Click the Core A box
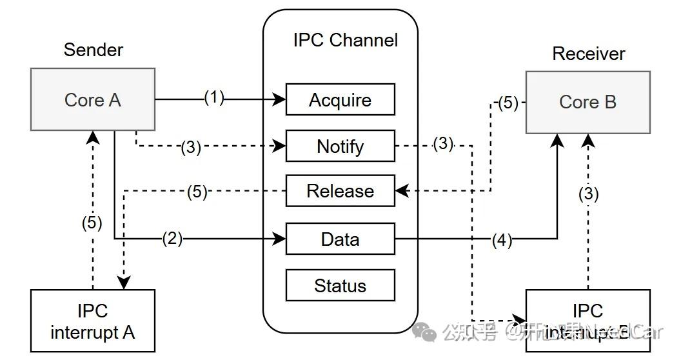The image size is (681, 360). (x=93, y=100)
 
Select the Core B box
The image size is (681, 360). (x=587, y=102)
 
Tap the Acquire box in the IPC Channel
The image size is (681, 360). (x=340, y=100)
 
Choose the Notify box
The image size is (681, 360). (x=340, y=146)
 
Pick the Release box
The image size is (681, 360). (x=340, y=191)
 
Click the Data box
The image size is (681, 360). (x=340, y=239)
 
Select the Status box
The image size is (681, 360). (x=340, y=286)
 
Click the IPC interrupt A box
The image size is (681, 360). (x=93, y=321)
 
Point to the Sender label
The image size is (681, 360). (x=94, y=50)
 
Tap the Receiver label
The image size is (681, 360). (x=588, y=54)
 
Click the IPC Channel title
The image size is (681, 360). (x=345, y=40)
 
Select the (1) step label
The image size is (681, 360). (x=214, y=98)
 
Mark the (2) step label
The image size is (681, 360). (x=172, y=239)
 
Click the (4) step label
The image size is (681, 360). (x=502, y=240)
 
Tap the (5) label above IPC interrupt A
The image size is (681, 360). (x=92, y=223)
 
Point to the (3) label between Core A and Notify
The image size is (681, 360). (x=190, y=147)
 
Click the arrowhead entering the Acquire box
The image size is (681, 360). (x=281, y=99)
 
